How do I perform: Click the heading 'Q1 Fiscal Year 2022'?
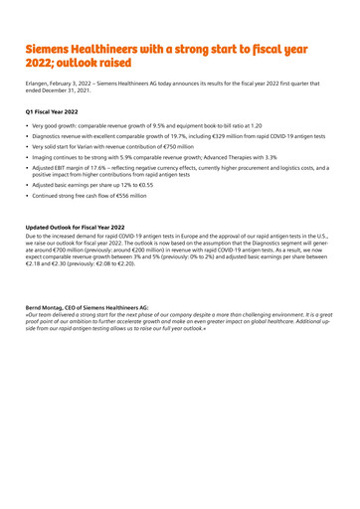coord(58,117)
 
